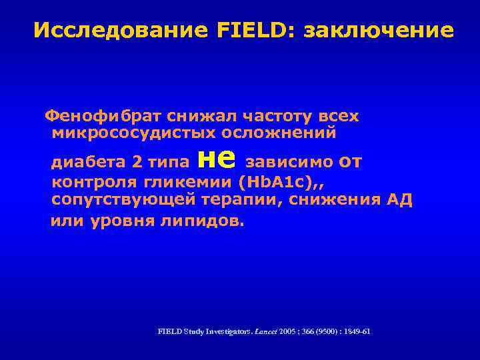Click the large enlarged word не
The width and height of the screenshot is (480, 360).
[217, 157]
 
